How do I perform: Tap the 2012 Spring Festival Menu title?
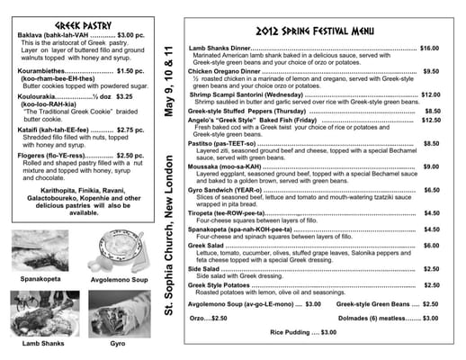313,30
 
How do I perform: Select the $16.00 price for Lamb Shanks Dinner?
428,48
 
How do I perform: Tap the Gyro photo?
117,316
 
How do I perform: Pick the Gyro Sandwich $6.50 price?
431,190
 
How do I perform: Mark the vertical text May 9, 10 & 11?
168,86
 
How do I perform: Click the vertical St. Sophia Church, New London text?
168,237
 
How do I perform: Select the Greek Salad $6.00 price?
431,245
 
